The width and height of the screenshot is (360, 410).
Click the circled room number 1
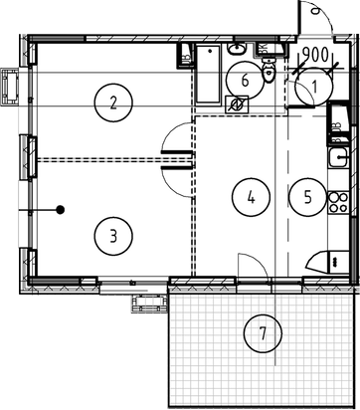(x=314, y=89)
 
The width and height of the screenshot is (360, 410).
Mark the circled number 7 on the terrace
(x=263, y=333)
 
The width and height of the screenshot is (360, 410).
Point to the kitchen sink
(x=339, y=159)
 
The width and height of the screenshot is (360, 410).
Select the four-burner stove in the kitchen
(x=338, y=203)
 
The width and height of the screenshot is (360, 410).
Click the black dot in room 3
(x=61, y=210)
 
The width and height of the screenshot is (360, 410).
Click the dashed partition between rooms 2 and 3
(x=99, y=157)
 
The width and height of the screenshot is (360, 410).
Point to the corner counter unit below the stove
(x=328, y=261)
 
